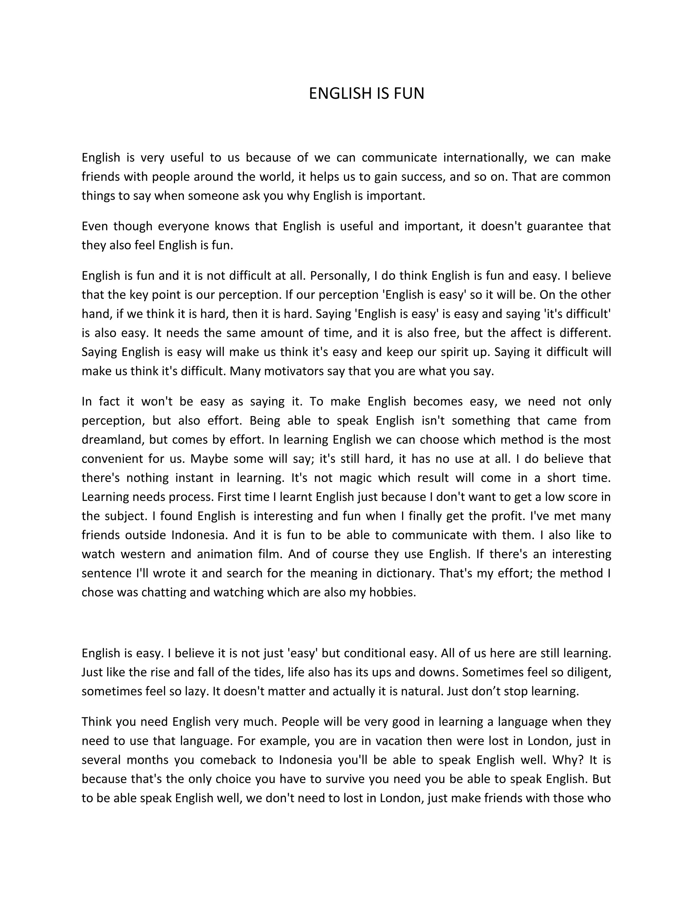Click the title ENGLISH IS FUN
366,94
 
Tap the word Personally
340,275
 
